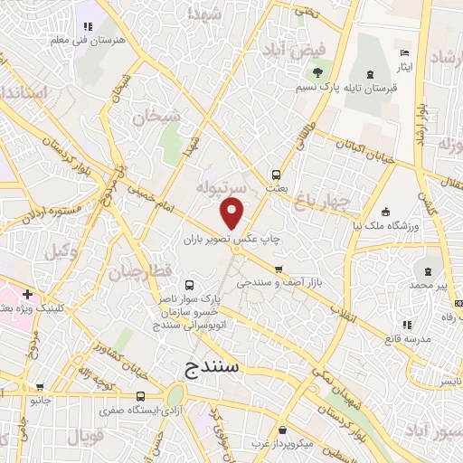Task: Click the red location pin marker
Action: click(x=232, y=213)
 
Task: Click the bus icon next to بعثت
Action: click(x=275, y=175)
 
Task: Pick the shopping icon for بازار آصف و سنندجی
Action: click(x=279, y=269)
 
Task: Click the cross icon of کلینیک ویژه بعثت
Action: click(x=28, y=294)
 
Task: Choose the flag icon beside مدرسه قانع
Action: click(x=406, y=325)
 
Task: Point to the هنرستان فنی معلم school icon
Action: click(x=88, y=27)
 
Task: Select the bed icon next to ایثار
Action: click(x=404, y=54)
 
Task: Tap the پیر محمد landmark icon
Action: click(x=426, y=272)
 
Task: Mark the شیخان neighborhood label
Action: click(x=150, y=117)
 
